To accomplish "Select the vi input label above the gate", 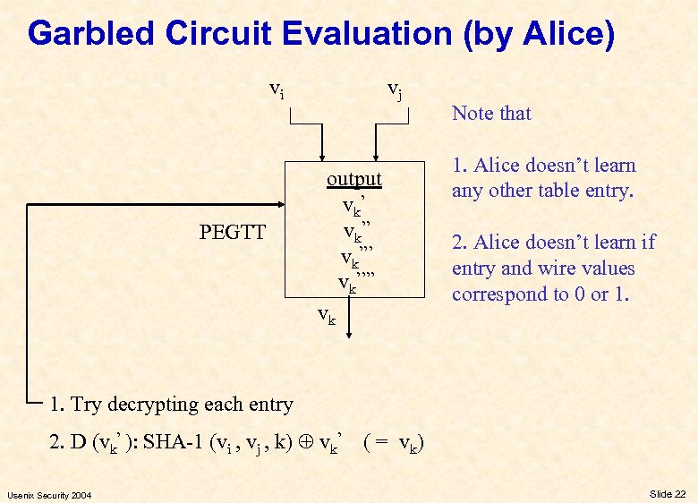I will click(277, 89).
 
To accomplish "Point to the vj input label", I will click(394, 89).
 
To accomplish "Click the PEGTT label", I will click(233, 233).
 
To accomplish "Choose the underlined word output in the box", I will click(353, 179).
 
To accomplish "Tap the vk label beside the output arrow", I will click(328, 315).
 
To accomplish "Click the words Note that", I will click(491, 114).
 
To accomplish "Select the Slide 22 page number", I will click(668, 494).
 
